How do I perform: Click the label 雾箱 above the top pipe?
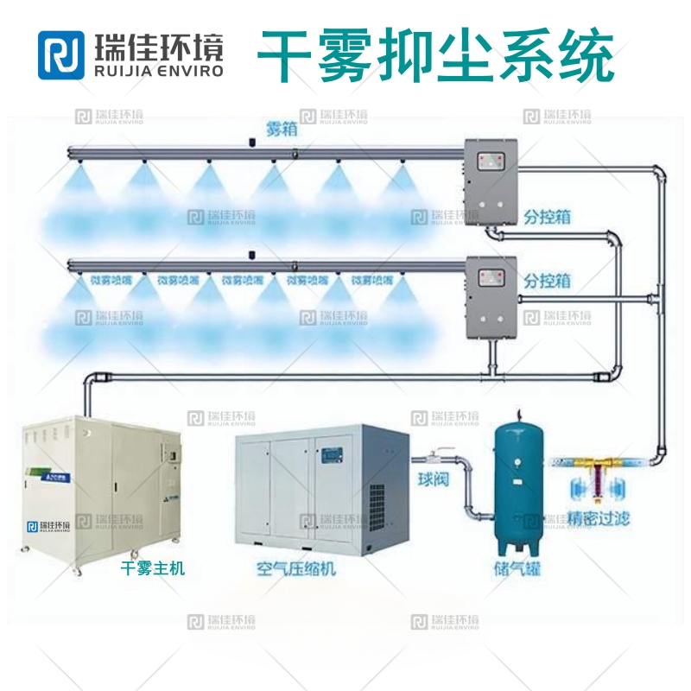(277, 130)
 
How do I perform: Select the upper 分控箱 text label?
(547, 215)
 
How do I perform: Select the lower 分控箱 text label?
(547, 281)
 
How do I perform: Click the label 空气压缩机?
(296, 568)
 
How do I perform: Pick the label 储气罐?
(517, 569)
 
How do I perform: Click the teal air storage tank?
(517, 484)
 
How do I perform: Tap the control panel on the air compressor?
(333, 452)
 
